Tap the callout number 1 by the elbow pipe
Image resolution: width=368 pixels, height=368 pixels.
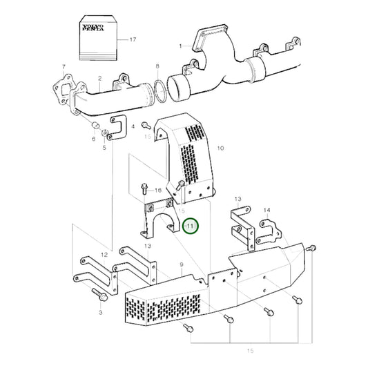tap(180, 47)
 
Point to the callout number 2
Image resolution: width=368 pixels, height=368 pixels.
tap(100, 79)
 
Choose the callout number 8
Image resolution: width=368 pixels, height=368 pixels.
tap(157, 67)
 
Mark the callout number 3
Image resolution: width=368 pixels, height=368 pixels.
tap(100, 313)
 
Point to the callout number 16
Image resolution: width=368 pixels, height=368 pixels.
tap(157, 190)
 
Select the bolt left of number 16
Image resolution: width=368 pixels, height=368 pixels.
tap(143, 186)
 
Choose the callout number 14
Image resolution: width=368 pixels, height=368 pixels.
tap(267, 210)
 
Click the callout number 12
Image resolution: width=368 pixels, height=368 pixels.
tap(104, 255)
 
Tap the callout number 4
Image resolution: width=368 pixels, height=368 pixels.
tap(133, 126)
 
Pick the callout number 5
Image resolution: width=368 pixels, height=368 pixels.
tap(104, 148)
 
